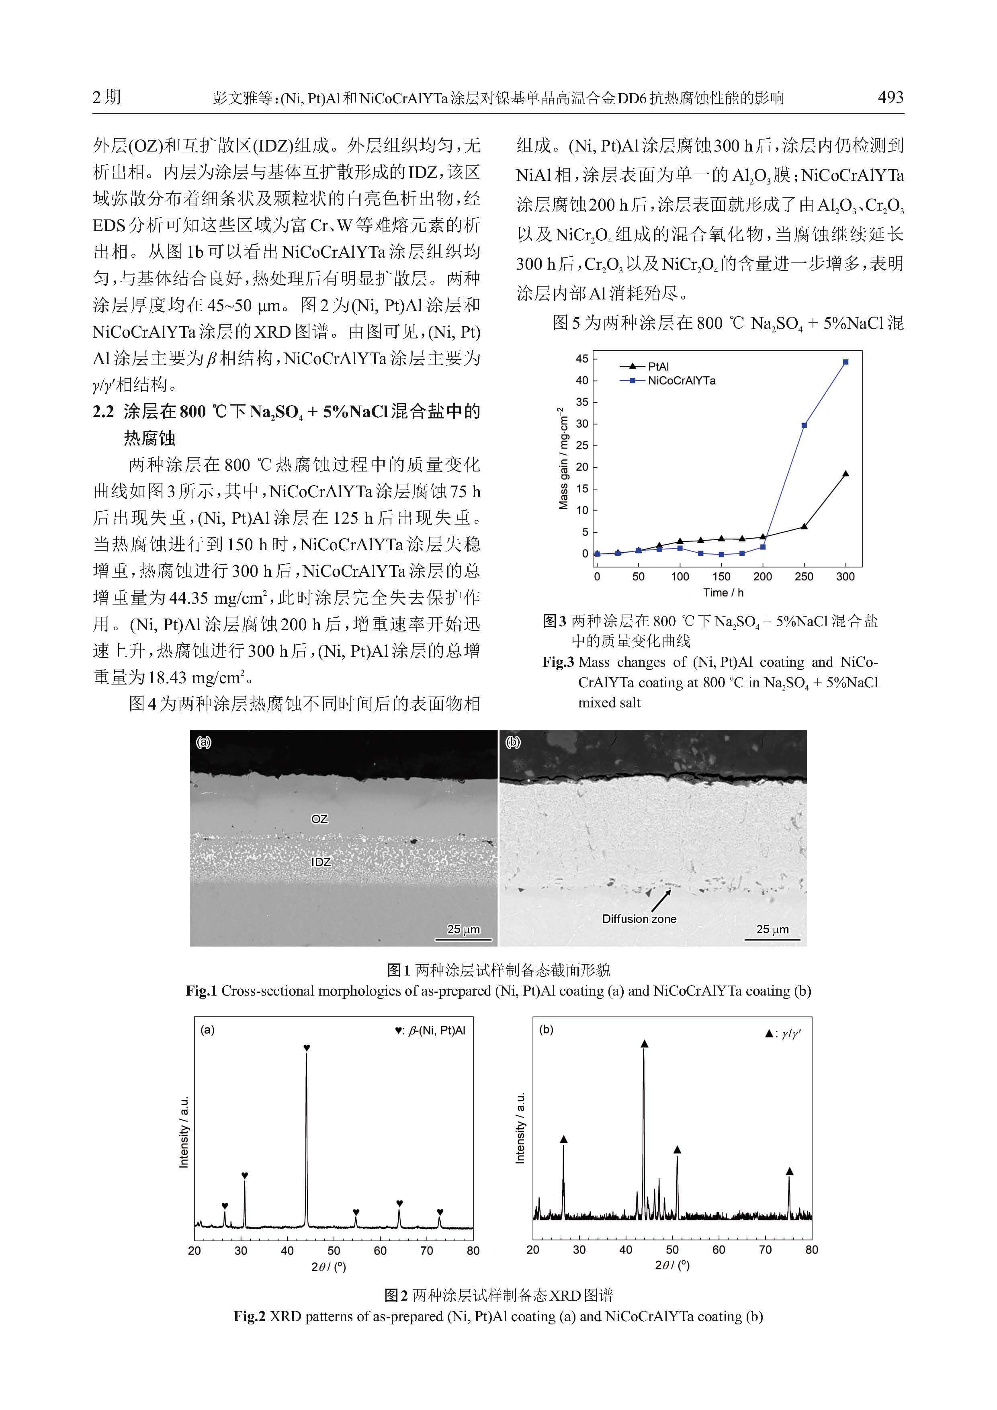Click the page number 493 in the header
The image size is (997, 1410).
coord(890,97)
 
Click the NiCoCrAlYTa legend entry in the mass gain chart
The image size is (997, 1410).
coord(669,381)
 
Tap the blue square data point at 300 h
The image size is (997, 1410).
coord(846,362)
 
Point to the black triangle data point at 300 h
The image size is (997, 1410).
coord(846,473)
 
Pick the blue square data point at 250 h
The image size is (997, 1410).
coord(804,425)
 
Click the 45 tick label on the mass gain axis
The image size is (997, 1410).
coord(581,359)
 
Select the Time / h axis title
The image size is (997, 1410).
coord(723,592)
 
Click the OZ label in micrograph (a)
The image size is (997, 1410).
coord(319,819)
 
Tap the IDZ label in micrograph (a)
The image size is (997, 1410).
coord(320,862)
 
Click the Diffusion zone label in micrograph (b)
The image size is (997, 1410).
coord(639,919)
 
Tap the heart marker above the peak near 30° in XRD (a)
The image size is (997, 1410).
coord(244,1175)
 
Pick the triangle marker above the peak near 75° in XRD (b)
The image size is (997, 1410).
coord(790,1171)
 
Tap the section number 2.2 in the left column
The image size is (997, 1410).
coord(103,412)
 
